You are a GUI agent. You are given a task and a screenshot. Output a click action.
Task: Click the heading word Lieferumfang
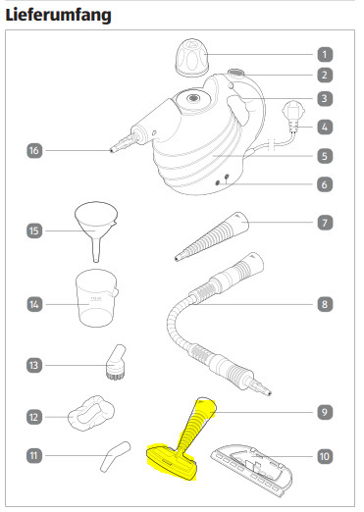[x=58, y=16]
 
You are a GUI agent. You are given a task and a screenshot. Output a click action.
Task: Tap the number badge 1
[x=325, y=54]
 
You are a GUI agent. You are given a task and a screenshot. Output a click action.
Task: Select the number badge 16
[x=34, y=151]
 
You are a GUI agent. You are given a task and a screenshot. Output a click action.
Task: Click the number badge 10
[x=325, y=456]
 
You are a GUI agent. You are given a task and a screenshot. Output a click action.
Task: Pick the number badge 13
[x=34, y=365]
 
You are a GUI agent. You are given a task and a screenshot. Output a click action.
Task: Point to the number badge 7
[x=325, y=223]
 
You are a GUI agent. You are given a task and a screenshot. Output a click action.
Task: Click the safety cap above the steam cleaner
[x=192, y=58]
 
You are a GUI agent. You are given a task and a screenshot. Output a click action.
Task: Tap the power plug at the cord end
[x=292, y=117]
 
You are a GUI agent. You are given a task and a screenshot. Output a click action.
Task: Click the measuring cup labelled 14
[x=96, y=297]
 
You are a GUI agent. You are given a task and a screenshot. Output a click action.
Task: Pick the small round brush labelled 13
[x=116, y=362]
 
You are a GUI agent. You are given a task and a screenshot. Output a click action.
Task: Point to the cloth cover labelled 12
[x=91, y=413]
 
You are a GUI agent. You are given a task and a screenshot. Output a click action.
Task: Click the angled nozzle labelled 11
[x=115, y=456]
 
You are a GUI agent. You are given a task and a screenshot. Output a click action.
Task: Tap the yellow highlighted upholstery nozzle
[x=181, y=439]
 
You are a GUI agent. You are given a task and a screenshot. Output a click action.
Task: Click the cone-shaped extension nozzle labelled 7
[x=211, y=236]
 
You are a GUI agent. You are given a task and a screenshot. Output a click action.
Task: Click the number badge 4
[x=325, y=127]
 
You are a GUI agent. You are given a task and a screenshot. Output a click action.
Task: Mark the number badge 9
[x=325, y=412]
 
